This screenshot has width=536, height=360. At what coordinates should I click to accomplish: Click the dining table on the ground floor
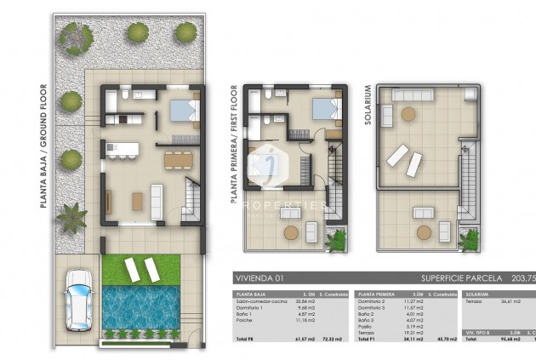[176, 157]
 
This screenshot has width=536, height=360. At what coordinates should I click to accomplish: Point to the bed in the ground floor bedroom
[182, 111]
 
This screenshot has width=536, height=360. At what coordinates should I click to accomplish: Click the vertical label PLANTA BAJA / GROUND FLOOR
[42, 146]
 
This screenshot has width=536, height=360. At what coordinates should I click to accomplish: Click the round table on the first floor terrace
[292, 231]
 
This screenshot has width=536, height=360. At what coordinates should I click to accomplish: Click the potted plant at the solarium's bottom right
[469, 239]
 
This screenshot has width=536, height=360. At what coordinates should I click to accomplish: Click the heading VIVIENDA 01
[259, 278]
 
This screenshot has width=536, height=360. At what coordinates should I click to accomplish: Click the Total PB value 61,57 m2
[304, 339]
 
